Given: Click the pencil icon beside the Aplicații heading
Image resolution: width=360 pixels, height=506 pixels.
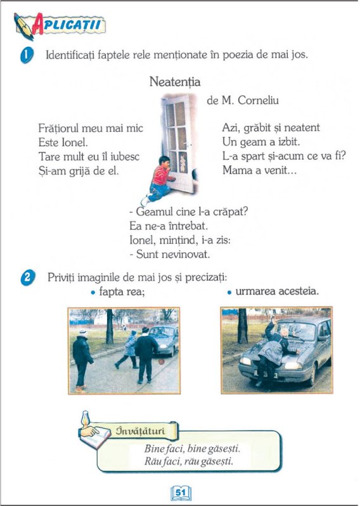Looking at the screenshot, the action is [23, 27].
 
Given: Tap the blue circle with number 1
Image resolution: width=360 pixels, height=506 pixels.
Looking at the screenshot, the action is [27, 55].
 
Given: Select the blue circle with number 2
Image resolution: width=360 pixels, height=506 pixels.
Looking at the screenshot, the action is [27, 278].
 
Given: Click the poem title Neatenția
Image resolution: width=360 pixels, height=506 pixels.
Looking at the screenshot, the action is [175, 82].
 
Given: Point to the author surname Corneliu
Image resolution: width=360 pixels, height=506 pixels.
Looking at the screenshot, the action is [258, 100].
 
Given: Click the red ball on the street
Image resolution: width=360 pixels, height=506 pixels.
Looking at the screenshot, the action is [162, 362].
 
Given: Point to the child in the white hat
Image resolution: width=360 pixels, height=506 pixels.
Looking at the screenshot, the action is [82, 359].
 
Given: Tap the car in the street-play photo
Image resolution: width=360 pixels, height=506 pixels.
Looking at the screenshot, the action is [164, 340].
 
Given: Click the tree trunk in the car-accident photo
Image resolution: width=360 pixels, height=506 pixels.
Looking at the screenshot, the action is [243, 326].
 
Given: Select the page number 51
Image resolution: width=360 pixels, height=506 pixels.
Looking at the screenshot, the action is [181, 493].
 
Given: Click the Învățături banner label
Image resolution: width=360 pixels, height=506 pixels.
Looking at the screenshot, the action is [141, 431].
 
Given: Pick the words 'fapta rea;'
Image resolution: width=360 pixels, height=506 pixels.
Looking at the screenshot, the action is [122, 292].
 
